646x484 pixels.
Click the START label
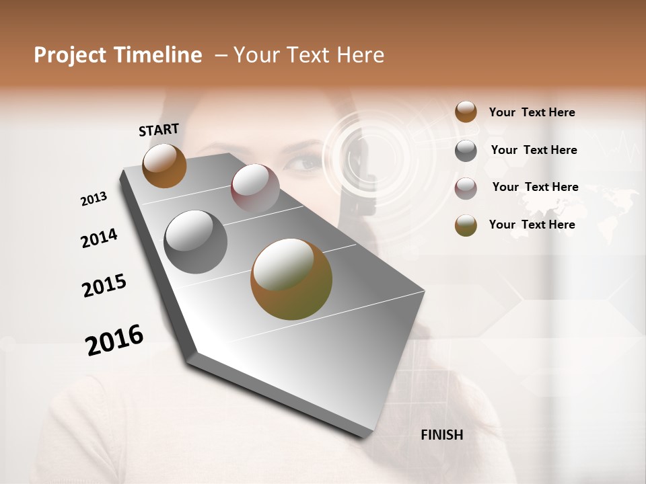click(159, 130)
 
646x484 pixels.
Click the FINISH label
click(442, 435)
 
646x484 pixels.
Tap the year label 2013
click(94, 198)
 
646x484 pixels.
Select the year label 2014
click(99, 238)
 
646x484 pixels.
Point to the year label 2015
click(104, 286)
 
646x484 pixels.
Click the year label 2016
click(114, 339)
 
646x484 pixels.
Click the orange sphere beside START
click(164, 165)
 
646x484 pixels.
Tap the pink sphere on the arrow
click(255, 188)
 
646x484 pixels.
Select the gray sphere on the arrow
click(195, 242)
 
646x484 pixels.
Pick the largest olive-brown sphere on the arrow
click(291, 279)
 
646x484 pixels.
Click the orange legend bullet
click(466, 112)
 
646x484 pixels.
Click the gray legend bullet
click(466, 151)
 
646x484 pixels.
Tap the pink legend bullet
click(466, 188)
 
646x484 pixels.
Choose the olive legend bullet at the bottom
click(466, 225)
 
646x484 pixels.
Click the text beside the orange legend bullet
click(532, 112)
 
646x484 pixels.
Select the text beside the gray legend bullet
click(534, 150)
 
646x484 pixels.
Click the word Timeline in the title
click(158, 55)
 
